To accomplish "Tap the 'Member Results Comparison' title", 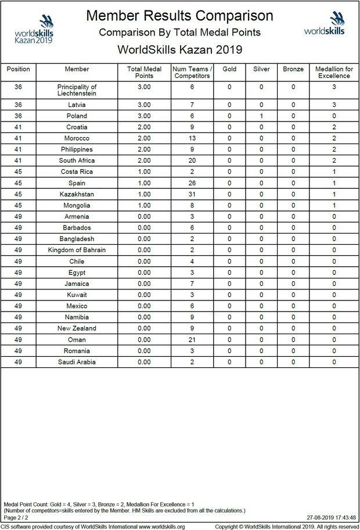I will click(179, 15).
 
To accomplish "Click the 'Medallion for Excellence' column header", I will click(334, 73).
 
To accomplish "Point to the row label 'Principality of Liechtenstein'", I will click(77, 90).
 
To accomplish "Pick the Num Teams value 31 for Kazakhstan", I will click(192, 194).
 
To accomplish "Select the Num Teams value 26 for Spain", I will click(192, 183).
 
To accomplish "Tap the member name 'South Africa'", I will click(77, 160).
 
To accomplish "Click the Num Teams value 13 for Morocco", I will click(192, 138).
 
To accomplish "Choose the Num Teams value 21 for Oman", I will click(192, 340).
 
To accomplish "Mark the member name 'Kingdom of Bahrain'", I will click(77, 250).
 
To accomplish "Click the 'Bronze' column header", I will click(293, 69).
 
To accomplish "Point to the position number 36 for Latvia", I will click(18, 105).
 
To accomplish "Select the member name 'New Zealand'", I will click(77, 329).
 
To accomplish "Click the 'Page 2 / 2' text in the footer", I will click(16, 517).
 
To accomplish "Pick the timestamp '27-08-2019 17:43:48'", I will click(331, 517).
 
